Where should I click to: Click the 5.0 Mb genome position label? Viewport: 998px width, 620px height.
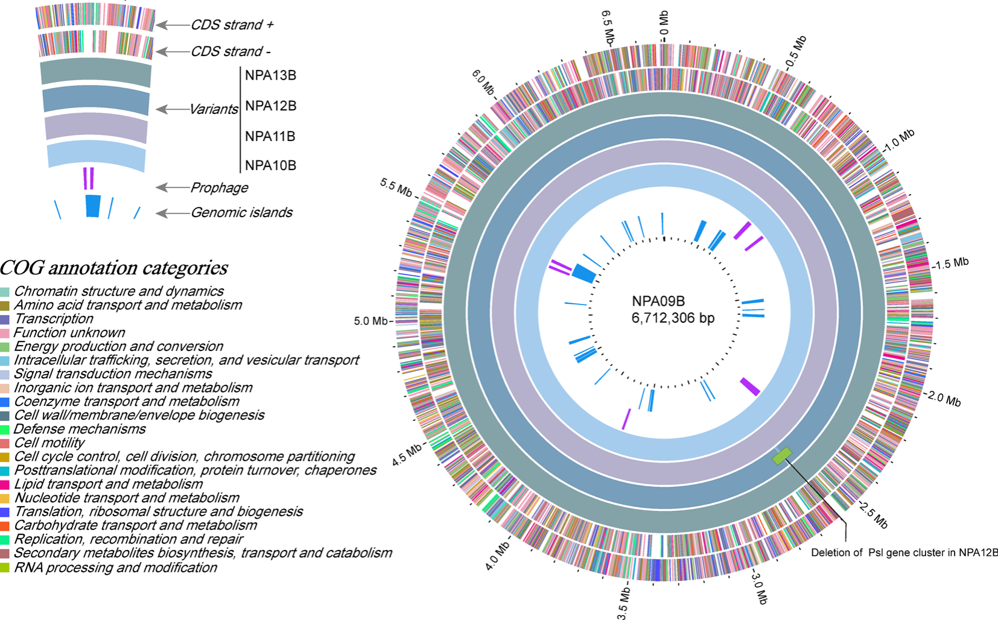coord(370,321)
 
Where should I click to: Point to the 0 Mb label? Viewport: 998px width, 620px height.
coord(664,24)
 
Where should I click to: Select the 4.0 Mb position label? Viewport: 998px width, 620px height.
coord(498,555)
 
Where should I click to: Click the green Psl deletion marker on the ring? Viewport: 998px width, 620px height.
coord(782,455)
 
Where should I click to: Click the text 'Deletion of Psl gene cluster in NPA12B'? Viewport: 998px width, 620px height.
coord(904,552)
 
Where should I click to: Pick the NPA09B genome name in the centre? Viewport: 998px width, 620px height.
coord(658,301)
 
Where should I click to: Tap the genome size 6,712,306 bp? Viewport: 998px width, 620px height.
coord(673,318)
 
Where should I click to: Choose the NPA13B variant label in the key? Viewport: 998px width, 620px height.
coord(270,75)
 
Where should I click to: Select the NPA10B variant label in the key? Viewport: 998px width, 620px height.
coord(270,165)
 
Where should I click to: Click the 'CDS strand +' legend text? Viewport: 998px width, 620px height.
coord(232,25)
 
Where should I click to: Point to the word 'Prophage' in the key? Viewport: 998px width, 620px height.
coord(219,188)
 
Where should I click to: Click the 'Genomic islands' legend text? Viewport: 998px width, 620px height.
coord(241,212)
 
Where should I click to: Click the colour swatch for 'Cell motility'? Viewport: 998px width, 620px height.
coord(5,443)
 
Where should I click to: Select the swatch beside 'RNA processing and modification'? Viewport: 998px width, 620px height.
coord(5,568)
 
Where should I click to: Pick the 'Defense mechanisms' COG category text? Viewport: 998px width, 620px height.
coord(80,429)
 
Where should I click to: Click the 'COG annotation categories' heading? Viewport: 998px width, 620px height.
coord(114,267)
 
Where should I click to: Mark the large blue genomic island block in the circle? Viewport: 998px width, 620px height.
coord(583,273)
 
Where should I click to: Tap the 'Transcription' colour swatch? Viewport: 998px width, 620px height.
coord(5,319)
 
